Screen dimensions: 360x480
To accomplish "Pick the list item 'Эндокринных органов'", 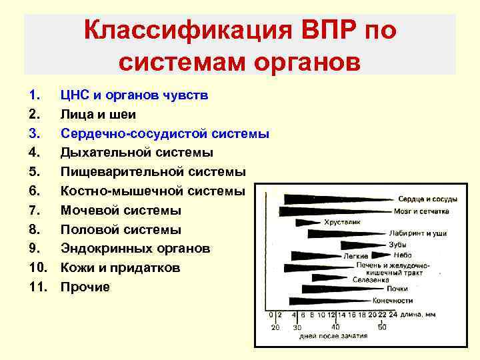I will click(135, 249).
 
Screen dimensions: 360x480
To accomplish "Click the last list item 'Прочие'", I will click(85, 287).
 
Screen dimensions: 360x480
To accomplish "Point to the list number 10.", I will click(39, 268).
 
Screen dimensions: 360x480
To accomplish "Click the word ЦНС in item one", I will click(75, 95).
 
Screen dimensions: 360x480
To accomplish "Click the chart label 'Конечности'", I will click(393, 300).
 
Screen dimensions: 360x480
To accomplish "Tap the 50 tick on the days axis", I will click(382, 327).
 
